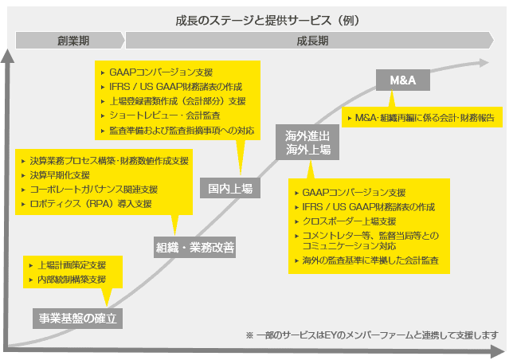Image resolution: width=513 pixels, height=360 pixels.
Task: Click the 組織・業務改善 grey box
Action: (194, 248)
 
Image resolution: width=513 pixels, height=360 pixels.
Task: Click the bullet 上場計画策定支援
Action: (71, 265)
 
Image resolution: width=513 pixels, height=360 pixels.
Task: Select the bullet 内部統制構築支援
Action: (71, 280)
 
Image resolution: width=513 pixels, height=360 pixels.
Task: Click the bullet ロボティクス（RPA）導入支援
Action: (88, 204)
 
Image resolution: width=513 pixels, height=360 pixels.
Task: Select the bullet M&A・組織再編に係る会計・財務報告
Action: (423, 117)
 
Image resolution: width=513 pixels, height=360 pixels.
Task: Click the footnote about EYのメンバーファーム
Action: (372, 335)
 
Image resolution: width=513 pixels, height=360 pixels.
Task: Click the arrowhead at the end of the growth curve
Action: (488, 63)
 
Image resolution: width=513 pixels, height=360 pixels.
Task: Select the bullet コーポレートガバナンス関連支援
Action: (93, 190)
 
